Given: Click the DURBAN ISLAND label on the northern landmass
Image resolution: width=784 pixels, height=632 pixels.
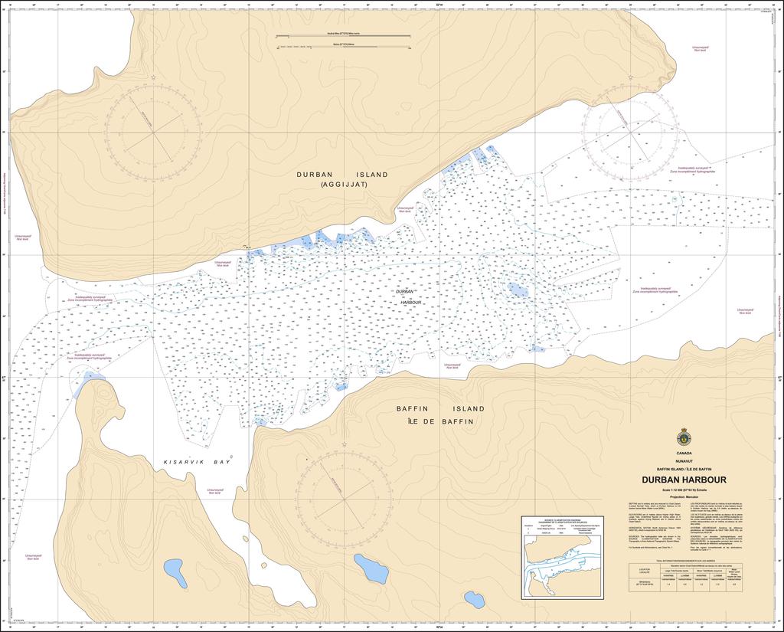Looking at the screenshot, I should (342, 175).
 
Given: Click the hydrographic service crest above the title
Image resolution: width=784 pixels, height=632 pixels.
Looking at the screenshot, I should (684, 438).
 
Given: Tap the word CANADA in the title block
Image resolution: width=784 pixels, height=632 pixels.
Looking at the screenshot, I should (684, 453).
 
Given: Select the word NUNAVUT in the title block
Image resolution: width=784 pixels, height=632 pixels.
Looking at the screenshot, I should (684, 460).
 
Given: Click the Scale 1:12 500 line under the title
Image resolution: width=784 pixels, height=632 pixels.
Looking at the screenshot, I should (684, 489).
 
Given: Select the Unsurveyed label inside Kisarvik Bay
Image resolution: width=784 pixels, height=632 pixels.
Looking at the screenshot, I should (214, 491).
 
